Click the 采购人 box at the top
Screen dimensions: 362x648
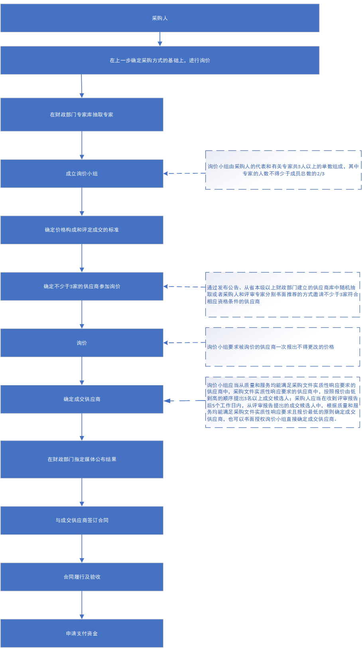(x=160, y=18)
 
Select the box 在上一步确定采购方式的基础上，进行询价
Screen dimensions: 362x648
(x=160, y=60)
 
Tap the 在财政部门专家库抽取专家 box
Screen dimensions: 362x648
(x=82, y=114)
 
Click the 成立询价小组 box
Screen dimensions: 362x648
(x=82, y=174)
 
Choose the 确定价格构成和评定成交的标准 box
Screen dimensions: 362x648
(x=82, y=230)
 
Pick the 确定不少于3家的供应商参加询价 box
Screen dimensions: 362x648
(x=82, y=287)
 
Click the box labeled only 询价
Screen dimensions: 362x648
(x=82, y=343)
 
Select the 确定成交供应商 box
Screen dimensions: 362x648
(x=82, y=399)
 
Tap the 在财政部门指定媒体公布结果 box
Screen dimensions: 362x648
(x=82, y=459)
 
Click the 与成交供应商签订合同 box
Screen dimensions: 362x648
(x=82, y=520)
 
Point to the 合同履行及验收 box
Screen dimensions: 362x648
(x=82, y=577)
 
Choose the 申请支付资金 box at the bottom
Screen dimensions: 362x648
(x=82, y=633)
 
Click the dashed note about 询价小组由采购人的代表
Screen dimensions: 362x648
(x=283, y=151)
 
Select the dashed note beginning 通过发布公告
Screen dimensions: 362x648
(x=283, y=273)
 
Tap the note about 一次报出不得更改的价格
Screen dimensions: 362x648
(x=283, y=328)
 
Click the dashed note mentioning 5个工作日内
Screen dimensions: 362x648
(x=283, y=377)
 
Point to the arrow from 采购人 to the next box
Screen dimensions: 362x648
(x=160, y=39)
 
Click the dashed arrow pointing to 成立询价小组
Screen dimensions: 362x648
(x=184, y=174)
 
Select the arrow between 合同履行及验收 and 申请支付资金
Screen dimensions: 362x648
(x=82, y=605)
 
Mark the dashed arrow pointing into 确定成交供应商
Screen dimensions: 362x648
(x=184, y=401)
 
